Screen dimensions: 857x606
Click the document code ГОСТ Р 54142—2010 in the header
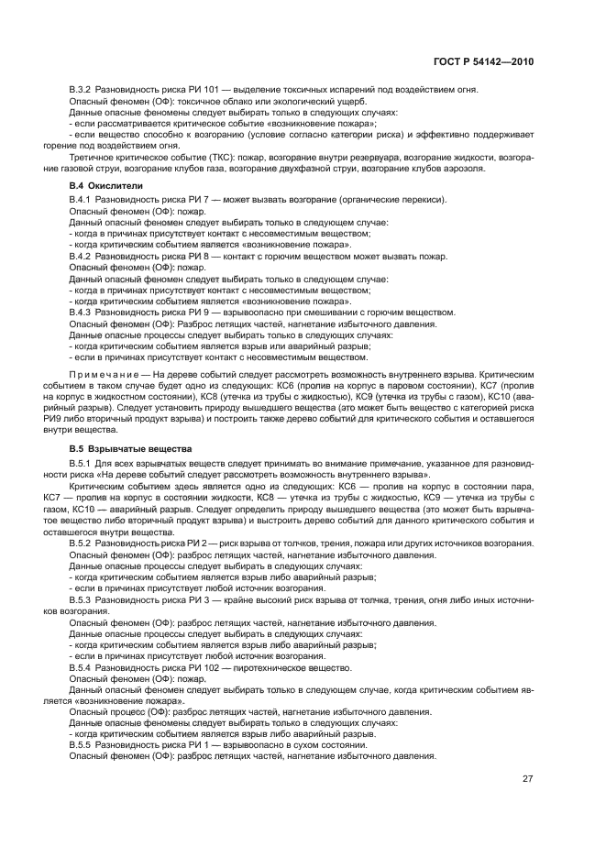coord(484,60)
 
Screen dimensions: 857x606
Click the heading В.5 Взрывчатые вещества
coord(130,449)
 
